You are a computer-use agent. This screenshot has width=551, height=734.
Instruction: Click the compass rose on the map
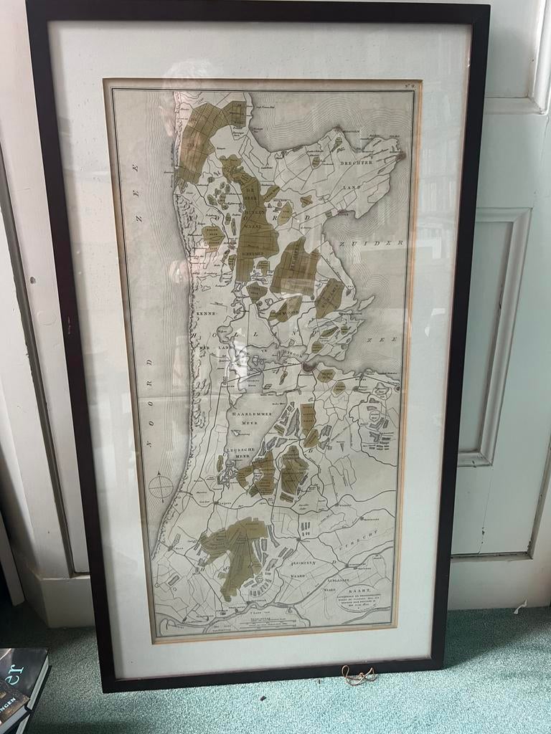point(161,488)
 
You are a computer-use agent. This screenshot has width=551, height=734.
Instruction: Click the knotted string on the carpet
point(359,675)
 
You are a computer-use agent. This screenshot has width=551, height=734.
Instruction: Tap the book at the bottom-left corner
point(22,688)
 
